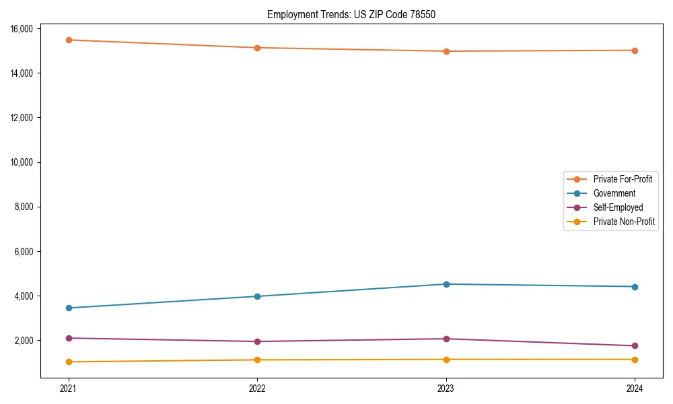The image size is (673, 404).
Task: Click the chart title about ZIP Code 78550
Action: coord(351,14)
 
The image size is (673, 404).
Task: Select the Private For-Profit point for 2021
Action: coord(69,40)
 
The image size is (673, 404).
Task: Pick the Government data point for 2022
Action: coord(257,296)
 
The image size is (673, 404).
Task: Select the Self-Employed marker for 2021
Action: coord(69,338)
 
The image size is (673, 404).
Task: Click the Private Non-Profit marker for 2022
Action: coord(257,360)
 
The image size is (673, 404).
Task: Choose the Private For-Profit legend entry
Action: coord(623,179)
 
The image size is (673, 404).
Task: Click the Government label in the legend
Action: coord(614,193)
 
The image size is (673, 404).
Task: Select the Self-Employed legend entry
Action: coord(618,207)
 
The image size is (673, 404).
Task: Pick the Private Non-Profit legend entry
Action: coord(624,222)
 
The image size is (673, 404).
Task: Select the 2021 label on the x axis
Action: coord(69,388)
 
